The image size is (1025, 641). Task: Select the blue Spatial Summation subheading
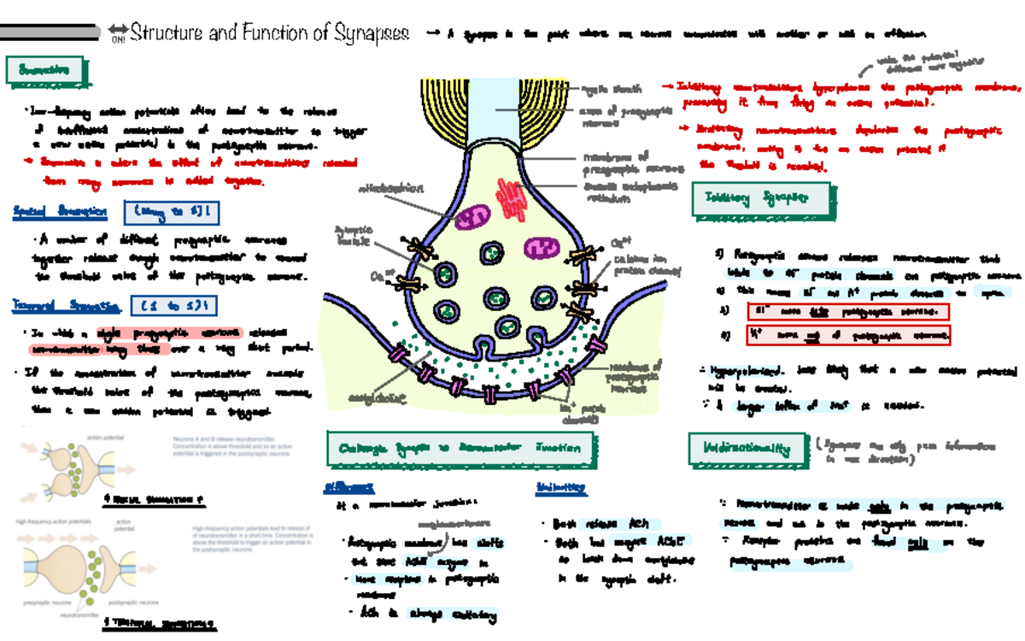[x=60, y=211]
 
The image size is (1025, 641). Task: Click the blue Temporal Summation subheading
[x=65, y=304]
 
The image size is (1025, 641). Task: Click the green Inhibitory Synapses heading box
[x=758, y=199]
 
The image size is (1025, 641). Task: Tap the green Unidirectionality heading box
[x=747, y=448]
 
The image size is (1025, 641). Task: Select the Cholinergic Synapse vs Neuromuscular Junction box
[x=460, y=448]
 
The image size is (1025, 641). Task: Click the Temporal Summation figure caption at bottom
[x=159, y=623]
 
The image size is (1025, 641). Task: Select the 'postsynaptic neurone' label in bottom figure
[x=133, y=603]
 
